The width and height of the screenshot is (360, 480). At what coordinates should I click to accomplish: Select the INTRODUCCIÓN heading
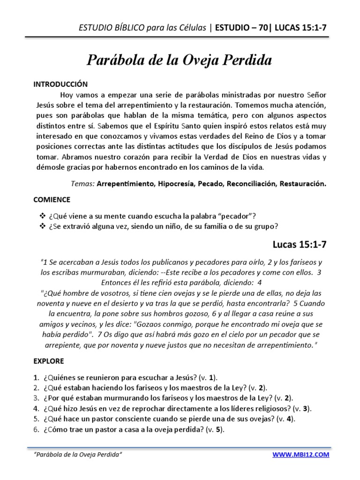point(60,84)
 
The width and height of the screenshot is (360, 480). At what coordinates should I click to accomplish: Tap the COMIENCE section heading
point(52,199)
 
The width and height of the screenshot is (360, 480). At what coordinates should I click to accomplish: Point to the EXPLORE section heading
point(49,361)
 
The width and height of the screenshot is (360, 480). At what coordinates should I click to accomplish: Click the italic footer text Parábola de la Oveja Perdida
point(79,455)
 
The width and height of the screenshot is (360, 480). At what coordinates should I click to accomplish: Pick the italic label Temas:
point(84,184)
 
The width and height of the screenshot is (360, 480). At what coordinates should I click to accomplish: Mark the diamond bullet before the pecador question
point(40,216)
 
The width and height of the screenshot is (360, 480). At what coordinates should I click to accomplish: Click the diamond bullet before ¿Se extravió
point(40,226)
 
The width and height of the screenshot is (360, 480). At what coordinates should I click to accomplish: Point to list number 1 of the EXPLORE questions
point(36,377)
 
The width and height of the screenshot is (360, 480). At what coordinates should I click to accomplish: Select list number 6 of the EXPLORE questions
point(36,430)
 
